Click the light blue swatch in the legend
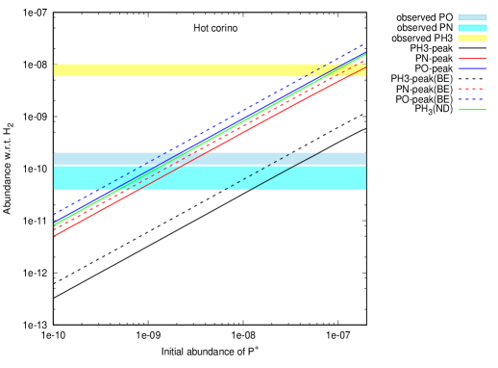pos(472,17)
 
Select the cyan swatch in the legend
pos(472,28)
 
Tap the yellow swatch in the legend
pos(472,38)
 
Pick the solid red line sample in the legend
pos(472,59)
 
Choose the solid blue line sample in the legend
pos(472,68)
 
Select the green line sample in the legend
pos(472,110)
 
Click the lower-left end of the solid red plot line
pos(55,235)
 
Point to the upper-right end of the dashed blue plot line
pos(364,44)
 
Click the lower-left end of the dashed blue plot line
pos(55,213)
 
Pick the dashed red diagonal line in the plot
pos(240,128)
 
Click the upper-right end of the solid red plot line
pos(365,66)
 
